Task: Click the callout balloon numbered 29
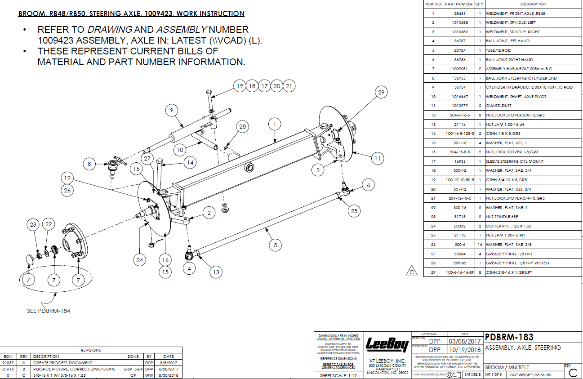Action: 381,93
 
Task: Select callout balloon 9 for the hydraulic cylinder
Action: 171,110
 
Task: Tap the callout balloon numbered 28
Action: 243,127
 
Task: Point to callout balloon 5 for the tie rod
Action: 276,245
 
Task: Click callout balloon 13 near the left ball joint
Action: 216,272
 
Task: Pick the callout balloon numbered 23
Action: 33,225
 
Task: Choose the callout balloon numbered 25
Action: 355,211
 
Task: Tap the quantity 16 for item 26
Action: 480,245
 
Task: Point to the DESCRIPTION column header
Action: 533,4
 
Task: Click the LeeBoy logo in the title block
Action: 387,345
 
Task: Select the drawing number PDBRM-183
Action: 509,337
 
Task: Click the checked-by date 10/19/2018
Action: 464,349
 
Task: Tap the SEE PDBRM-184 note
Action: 49,311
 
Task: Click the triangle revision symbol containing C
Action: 412,271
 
